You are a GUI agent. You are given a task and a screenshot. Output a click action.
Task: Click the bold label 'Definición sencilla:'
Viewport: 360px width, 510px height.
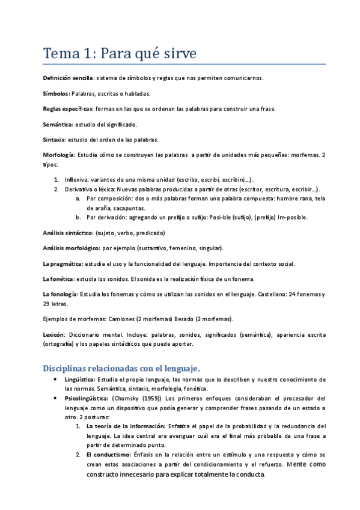click(x=68, y=78)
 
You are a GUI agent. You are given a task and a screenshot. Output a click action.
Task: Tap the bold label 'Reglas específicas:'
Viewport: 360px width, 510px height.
click(x=67, y=109)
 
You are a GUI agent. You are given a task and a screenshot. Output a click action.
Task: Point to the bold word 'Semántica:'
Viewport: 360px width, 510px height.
click(x=58, y=124)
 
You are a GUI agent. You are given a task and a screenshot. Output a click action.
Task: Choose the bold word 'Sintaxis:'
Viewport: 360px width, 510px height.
click(x=55, y=140)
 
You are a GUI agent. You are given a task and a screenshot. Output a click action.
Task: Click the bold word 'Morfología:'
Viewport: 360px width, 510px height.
click(x=59, y=155)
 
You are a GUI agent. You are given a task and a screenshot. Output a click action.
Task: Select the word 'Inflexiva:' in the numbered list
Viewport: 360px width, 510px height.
click(x=77, y=180)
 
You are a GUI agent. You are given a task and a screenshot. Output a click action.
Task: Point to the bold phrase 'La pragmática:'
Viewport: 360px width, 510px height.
click(x=63, y=263)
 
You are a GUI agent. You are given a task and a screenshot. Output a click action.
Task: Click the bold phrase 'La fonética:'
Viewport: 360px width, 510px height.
click(x=59, y=278)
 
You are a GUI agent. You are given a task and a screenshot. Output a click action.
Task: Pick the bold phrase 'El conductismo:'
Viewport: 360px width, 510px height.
click(x=110, y=455)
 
